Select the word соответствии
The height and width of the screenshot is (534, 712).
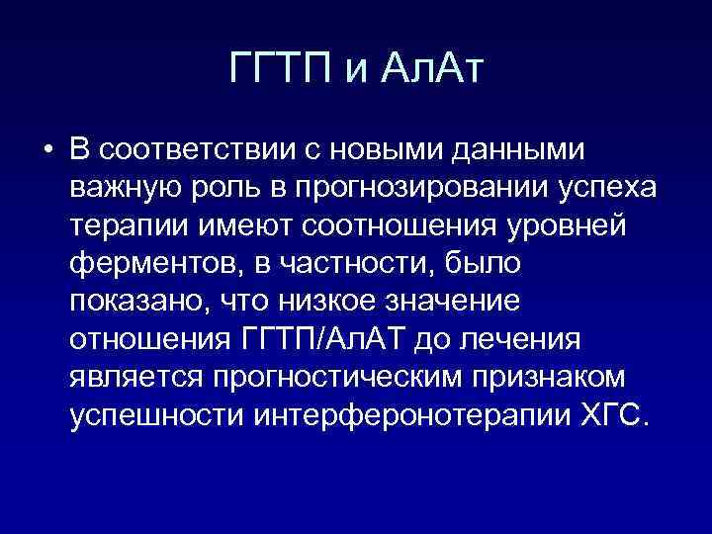197,149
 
